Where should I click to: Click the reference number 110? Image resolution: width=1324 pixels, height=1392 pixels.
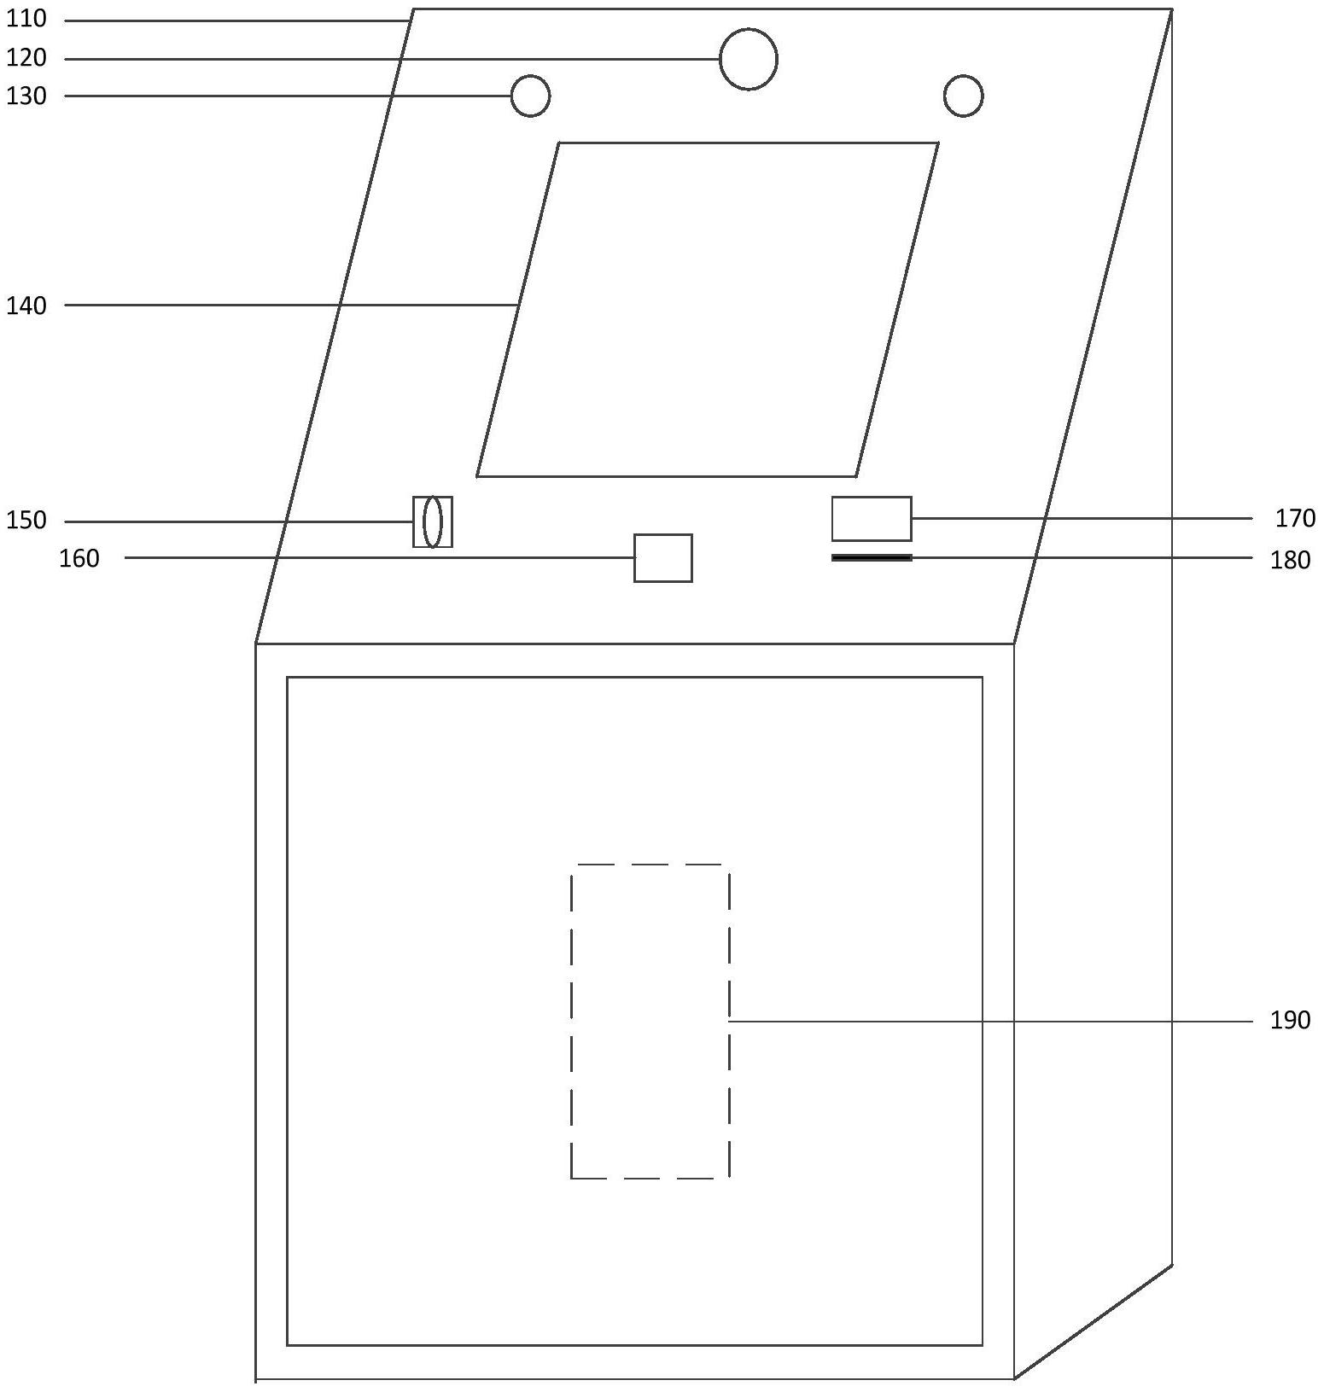point(26,19)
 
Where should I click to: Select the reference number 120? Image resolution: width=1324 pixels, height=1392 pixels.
point(26,58)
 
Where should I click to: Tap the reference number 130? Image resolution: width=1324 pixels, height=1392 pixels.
point(26,96)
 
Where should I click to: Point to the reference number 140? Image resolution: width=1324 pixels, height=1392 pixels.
point(26,306)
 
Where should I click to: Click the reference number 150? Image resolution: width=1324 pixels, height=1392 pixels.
point(26,521)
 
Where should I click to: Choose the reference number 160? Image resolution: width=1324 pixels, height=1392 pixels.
point(79,559)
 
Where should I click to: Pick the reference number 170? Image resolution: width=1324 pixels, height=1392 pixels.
point(1295,518)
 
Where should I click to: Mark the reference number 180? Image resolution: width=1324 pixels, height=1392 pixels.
point(1290,560)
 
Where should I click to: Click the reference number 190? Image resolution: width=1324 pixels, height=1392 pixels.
point(1290,1020)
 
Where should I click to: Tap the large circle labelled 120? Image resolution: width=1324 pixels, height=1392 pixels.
point(748,59)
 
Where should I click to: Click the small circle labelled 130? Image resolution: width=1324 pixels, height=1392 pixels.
point(530,96)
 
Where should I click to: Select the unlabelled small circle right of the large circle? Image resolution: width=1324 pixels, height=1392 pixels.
point(963,96)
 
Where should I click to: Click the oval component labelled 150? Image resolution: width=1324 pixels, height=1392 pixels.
point(433,521)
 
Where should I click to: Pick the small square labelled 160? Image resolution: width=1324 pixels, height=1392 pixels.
point(662,558)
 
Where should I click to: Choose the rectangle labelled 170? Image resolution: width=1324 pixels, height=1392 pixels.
point(872,518)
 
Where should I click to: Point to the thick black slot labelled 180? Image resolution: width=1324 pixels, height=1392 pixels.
point(872,558)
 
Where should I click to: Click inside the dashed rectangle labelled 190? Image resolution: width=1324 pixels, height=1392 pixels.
point(650,1021)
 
